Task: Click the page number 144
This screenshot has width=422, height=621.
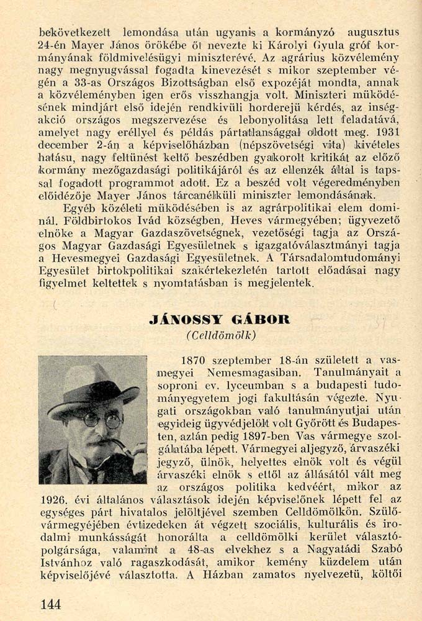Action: point(52,603)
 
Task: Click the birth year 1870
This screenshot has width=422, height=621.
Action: point(192,360)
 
